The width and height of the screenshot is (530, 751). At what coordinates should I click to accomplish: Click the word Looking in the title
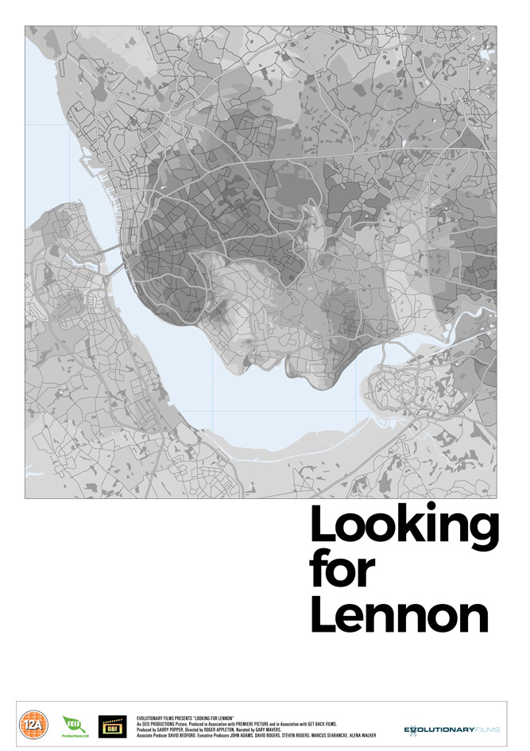(x=403, y=527)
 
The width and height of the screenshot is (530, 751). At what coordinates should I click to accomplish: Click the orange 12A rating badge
(x=32, y=726)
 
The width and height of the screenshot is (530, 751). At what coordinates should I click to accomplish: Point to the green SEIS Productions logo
(x=73, y=726)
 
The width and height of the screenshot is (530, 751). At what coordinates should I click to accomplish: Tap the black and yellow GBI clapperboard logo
(x=112, y=726)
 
